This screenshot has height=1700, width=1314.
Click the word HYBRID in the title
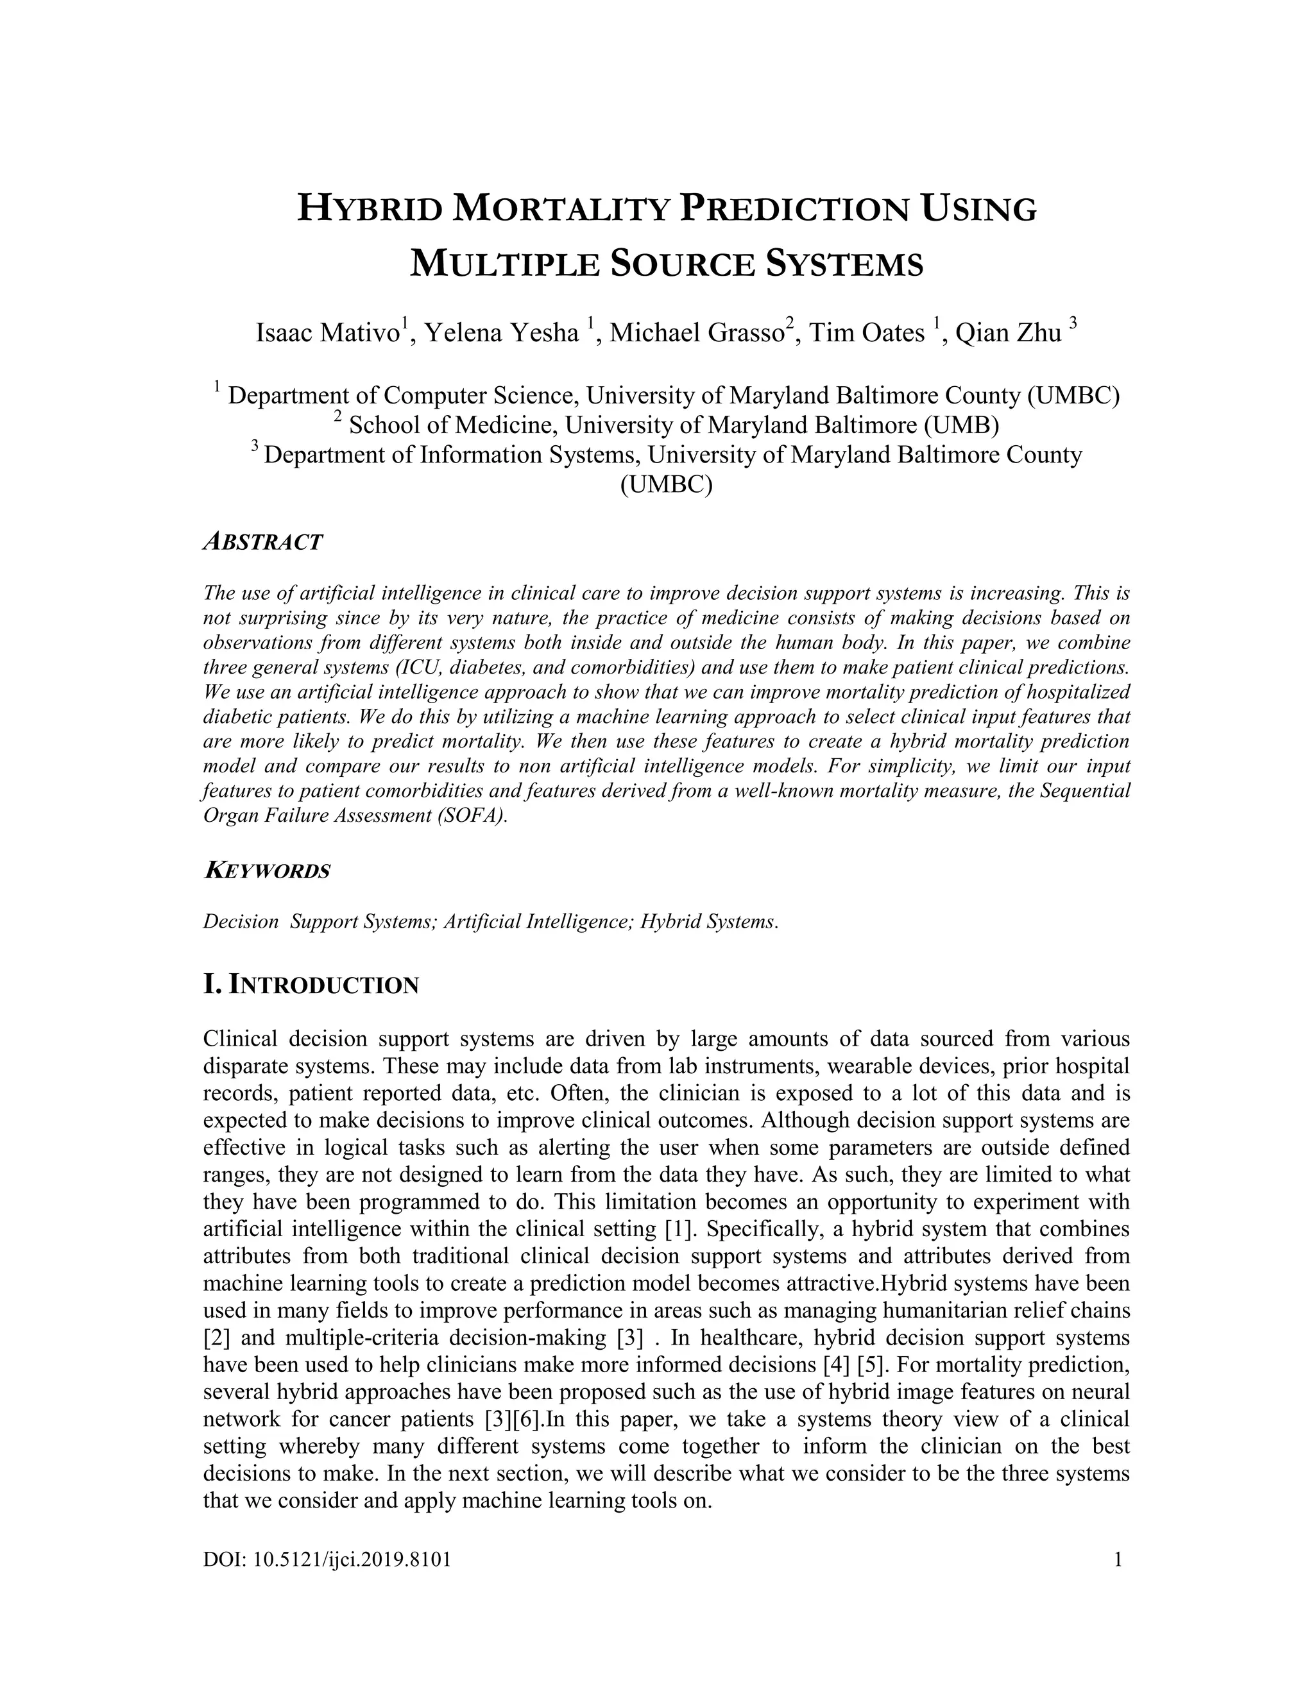tap(368, 210)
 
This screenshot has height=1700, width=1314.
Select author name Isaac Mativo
tap(328, 333)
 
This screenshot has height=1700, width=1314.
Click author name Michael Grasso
tap(696, 333)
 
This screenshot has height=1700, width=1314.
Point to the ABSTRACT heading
tap(262, 543)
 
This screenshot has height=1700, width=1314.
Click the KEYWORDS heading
tap(266, 871)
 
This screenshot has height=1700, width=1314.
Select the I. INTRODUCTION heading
tap(311, 985)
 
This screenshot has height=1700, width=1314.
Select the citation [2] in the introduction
tap(216, 1338)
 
